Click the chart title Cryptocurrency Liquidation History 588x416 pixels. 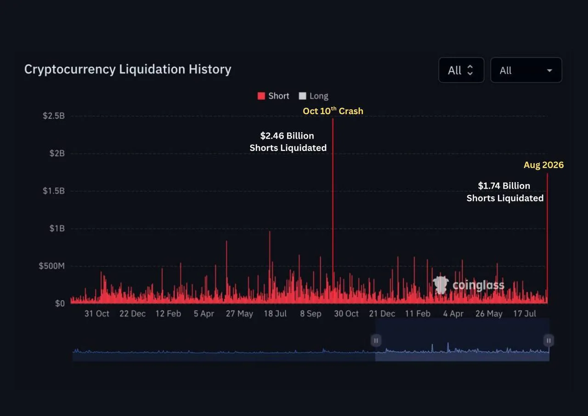point(128,69)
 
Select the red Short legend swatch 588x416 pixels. point(261,96)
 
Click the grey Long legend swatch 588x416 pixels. point(302,96)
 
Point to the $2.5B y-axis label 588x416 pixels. point(54,116)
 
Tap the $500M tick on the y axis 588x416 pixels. point(52,266)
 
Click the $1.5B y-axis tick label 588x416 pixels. point(54,191)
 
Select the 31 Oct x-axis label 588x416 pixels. point(96,313)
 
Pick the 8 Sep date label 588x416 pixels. point(311,313)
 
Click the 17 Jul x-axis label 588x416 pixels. point(525,313)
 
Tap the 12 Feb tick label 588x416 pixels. point(168,313)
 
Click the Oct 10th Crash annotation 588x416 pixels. point(333,111)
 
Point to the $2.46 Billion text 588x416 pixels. point(287,136)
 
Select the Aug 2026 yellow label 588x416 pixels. point(543,165)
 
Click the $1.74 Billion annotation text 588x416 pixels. point(504,185)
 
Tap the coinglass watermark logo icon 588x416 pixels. point(441,285)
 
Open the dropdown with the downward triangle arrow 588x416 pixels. point(526,70)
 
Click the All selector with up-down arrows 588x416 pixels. point(461,70)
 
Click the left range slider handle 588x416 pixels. point(376,341)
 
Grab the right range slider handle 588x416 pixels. point(548,341)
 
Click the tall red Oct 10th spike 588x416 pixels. point(333,211)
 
